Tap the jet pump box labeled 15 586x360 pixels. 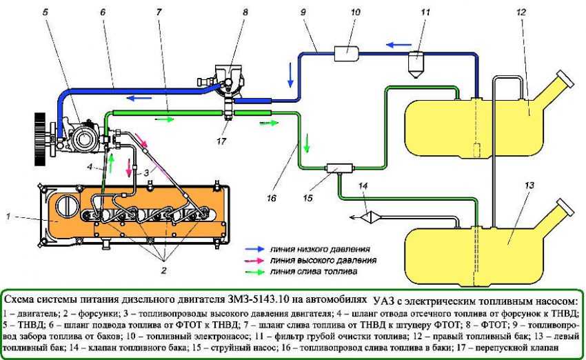pyautogui.click(x=339, y=168)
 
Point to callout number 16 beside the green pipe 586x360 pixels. pyautogui.click(x=272, y=197)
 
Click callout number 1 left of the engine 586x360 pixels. pyautogui.click(x=8, y=216)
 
